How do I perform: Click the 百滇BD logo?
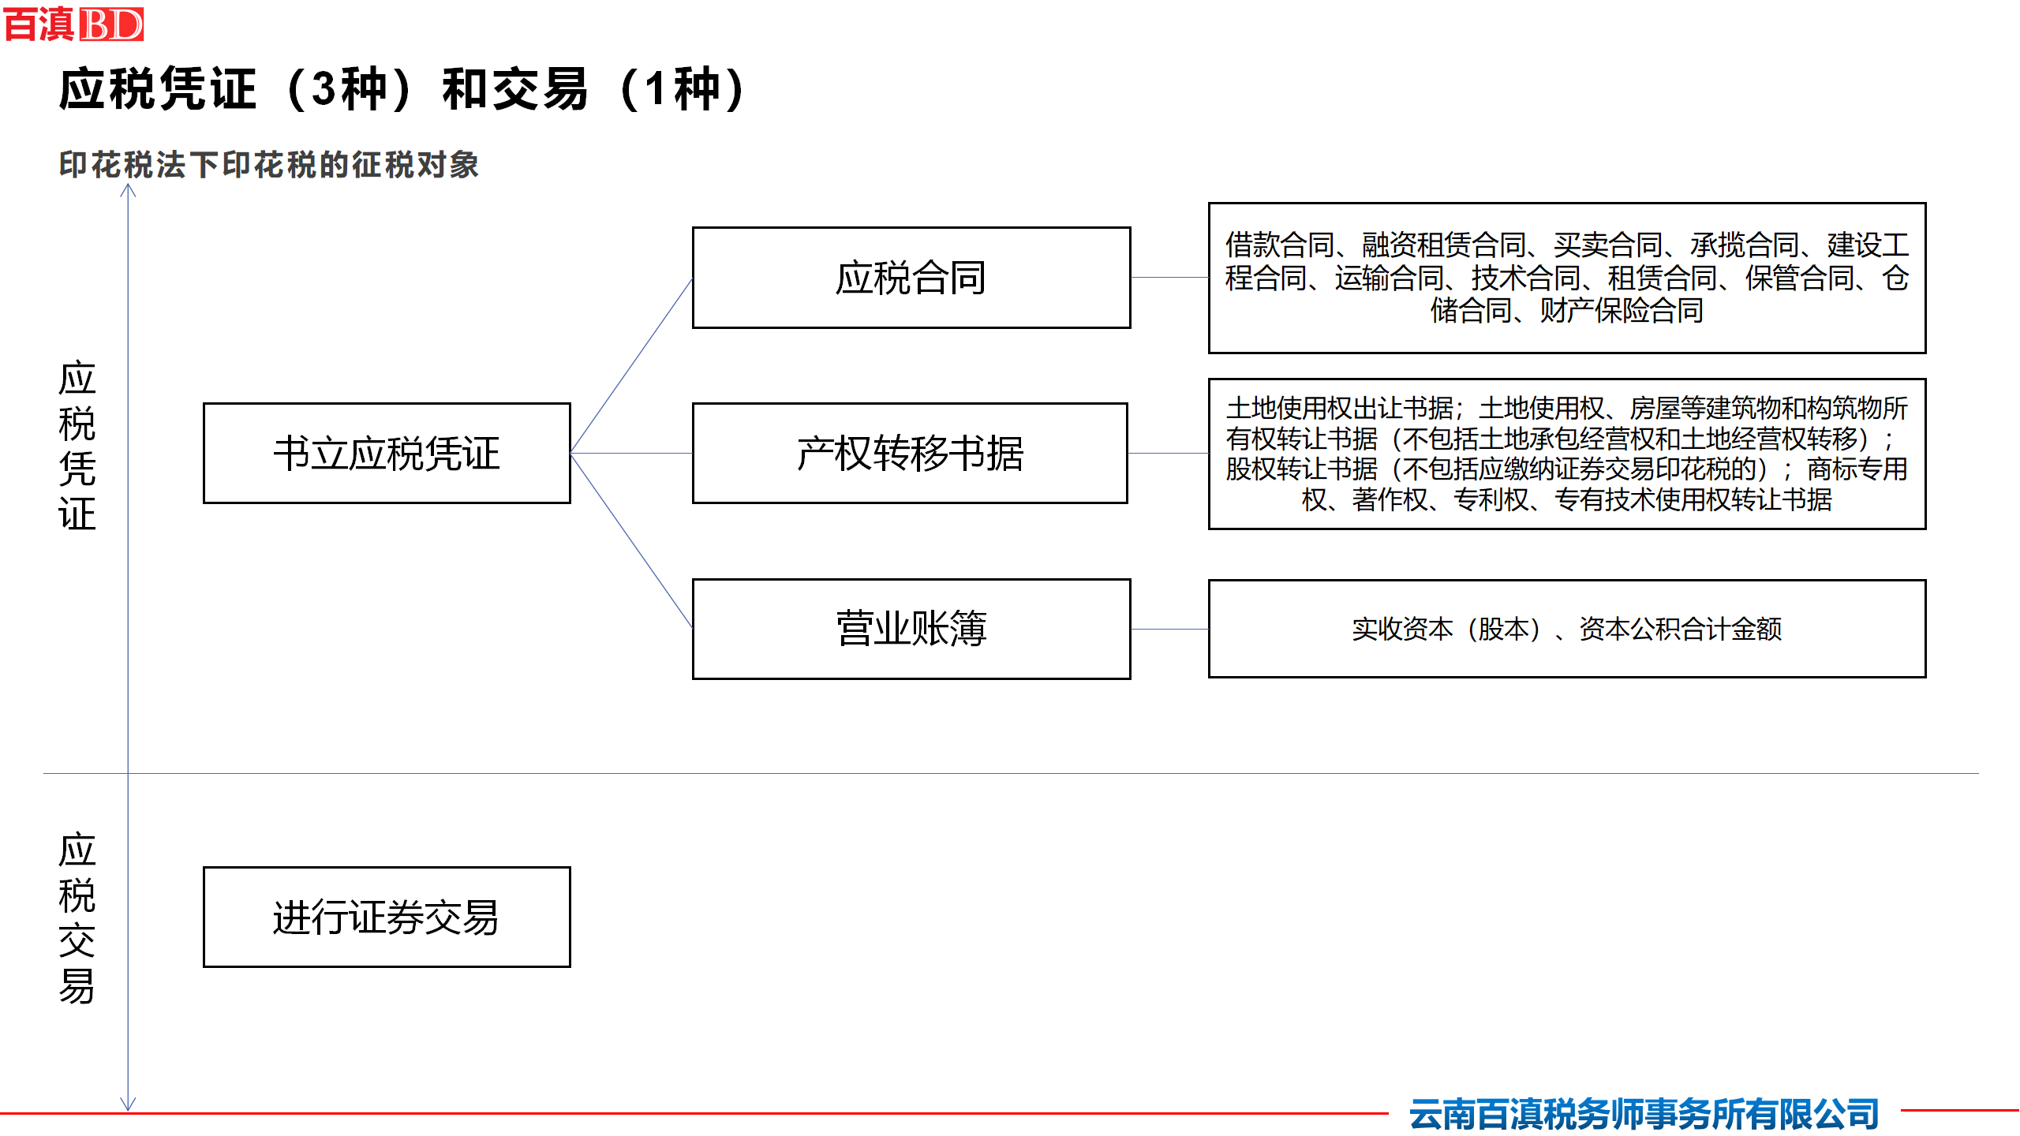tap(73, 24)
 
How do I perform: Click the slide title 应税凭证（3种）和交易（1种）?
tap(403, 89)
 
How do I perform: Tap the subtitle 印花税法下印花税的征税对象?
tap(269, 165)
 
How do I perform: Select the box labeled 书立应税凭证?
tap(387, 454)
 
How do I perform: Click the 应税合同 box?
tap(911, 278)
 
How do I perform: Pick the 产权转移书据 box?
tap(910, 454)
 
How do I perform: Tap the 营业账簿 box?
tap(911, 629)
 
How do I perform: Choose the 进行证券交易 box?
tap(387, 917)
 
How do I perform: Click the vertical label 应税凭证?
tap(77, 446)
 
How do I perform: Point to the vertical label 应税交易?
tap(77, 917)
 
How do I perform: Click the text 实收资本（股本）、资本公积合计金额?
tap(1567, 629)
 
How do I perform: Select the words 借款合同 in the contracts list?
tap(1280, 245)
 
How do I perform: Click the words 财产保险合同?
tap(1622, 311)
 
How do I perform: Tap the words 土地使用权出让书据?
tap(1340, 408)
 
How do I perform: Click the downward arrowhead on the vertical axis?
tap(128, 1104)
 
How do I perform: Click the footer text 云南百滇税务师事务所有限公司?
tap(1644, 1114)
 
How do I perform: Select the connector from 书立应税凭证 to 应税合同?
tap(631, 366)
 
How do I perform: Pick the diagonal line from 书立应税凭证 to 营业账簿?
tap(631, 541)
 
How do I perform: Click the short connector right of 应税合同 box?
tap(1169, 278)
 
